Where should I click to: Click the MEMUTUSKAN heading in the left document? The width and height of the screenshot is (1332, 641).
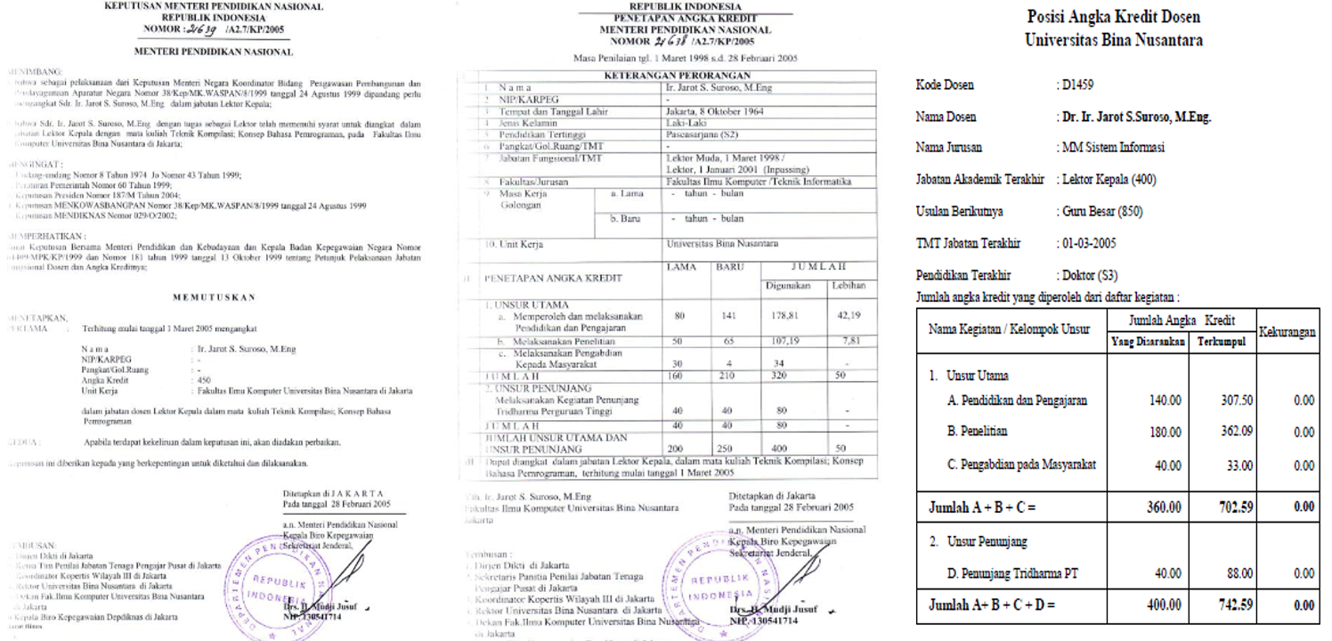215,296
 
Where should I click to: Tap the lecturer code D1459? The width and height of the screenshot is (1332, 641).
1076,85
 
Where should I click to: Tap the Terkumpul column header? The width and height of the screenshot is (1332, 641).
1220,340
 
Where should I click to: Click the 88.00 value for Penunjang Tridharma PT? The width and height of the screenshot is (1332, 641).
1224,574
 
